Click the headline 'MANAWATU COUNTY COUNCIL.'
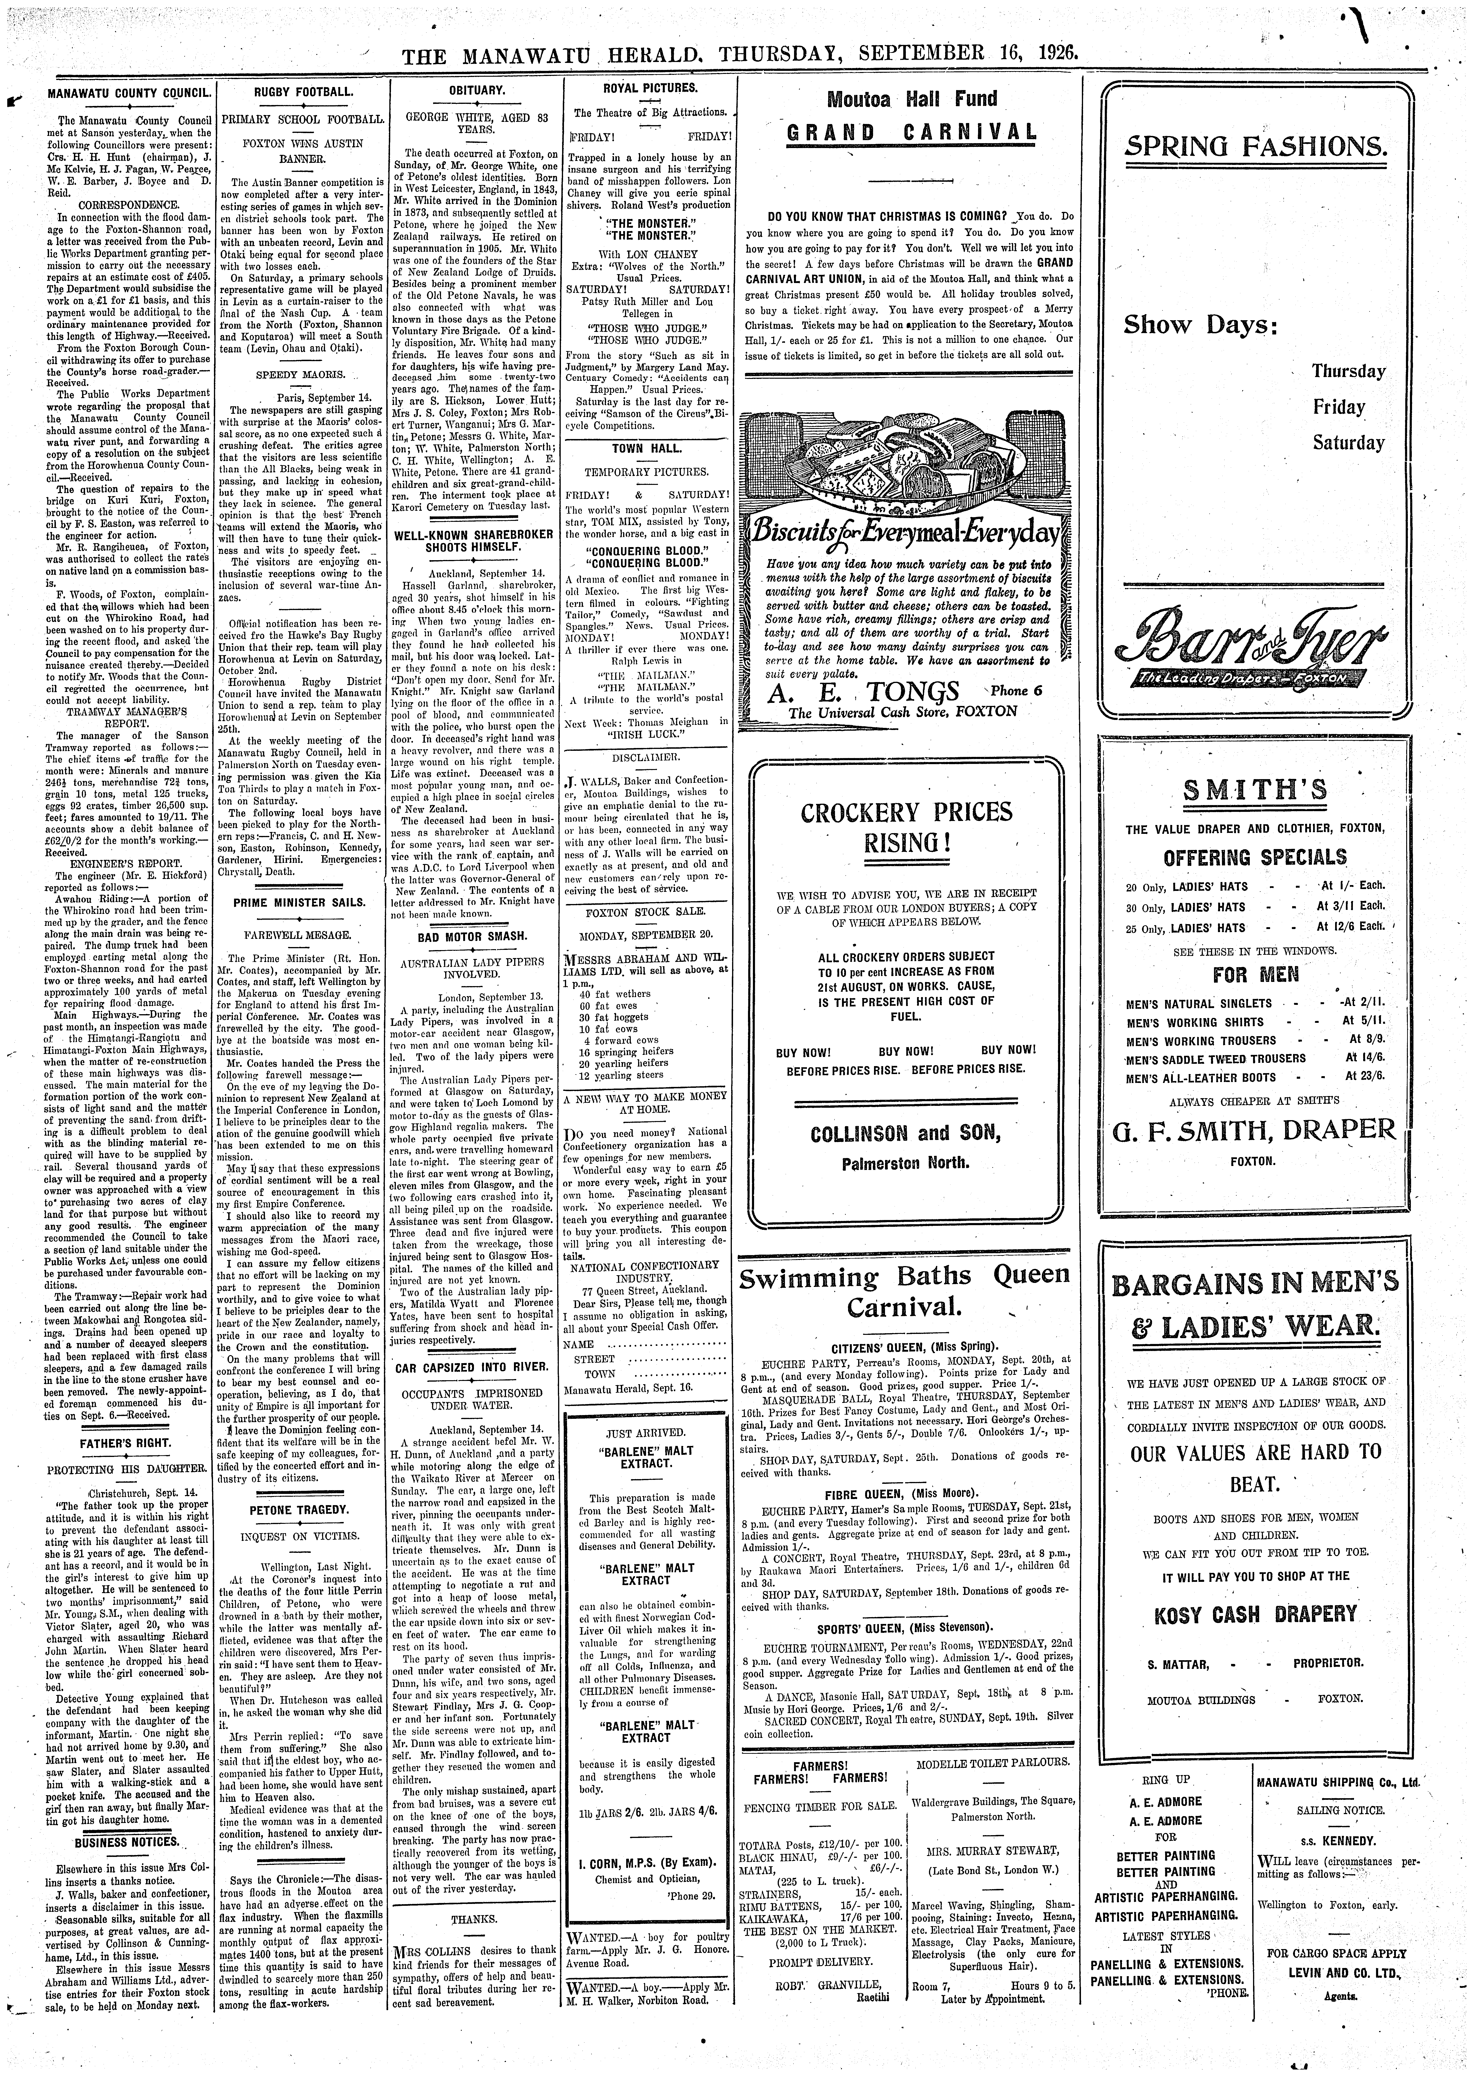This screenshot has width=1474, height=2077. pyautogui.click(x=129, y=94)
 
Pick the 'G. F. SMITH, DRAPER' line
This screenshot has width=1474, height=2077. pyautogui.click(x=1254, y=1130)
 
